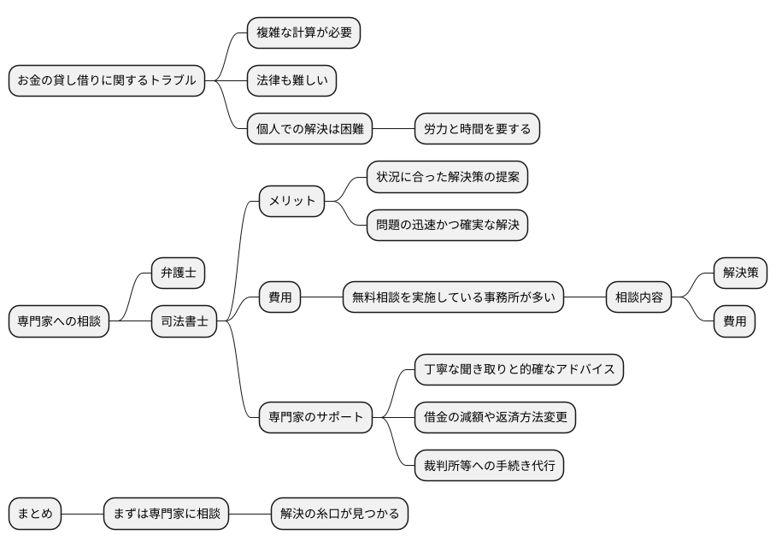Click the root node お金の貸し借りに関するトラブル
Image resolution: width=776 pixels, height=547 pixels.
coord(107,81)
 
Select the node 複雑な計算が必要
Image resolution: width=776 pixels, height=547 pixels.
coord(303,33)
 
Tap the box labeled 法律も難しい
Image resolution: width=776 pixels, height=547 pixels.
coord(291,81)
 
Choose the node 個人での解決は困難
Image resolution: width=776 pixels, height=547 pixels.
coord(310,130)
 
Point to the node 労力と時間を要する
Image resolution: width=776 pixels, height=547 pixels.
coord(477,130)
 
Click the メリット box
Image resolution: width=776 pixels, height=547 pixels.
coord(292,202)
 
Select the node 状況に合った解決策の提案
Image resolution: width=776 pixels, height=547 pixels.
coord(447,177)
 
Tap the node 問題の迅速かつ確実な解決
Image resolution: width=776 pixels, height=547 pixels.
coord(447,226)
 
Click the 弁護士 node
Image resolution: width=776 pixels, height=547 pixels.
coord(178,273)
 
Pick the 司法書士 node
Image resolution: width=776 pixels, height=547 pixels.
coord(185,322)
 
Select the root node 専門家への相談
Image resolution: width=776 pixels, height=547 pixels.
coord(59,322)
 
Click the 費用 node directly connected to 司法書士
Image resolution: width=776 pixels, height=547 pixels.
coord(280,298)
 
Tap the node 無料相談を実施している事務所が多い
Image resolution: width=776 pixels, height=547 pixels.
coord(453,298)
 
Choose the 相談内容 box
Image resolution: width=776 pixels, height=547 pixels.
coord(638,298)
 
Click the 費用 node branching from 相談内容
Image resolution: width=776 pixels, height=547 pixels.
coord(734,322)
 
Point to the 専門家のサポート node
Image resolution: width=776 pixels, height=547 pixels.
coord(315,418)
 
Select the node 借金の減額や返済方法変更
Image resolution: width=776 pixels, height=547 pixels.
coord(495,418)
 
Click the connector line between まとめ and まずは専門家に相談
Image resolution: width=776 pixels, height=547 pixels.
coord(82,515)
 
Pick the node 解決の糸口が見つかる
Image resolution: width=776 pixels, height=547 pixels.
coord(339,515)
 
